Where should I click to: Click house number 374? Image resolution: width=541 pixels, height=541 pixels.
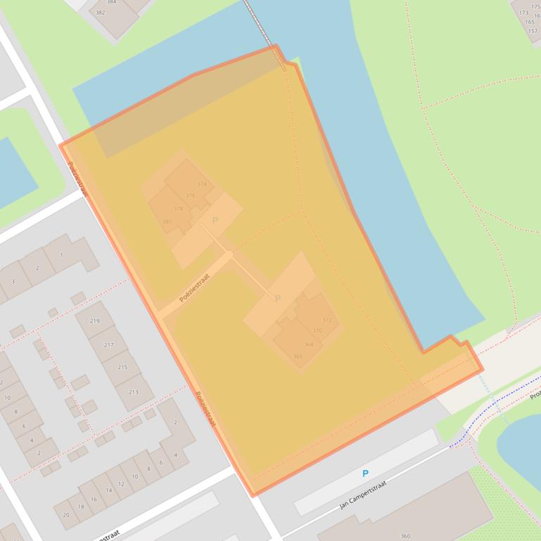pos(202,184)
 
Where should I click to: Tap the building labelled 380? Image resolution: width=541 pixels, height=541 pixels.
pos(167,221)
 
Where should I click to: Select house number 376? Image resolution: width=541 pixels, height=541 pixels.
pos(191,196)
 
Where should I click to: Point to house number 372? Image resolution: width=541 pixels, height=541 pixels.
pos(326,320)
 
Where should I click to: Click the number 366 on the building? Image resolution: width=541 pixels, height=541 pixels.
pos(298,356)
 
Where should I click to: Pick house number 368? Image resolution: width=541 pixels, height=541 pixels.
pos(308,344)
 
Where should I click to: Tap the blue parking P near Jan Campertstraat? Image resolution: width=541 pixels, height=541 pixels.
pos(365,474)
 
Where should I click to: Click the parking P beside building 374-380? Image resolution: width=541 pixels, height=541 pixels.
pos(215,221)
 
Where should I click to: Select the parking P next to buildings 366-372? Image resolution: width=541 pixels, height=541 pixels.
pos(278,299)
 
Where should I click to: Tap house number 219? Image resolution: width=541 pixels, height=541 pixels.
pos(94,321)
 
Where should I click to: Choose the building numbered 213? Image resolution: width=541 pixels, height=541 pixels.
pos(133,392)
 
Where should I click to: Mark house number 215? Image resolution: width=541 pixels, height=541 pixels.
pos(122,367)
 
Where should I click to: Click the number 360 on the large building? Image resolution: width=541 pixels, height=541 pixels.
pos(405,536)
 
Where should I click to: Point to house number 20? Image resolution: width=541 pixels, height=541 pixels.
pos(66,515)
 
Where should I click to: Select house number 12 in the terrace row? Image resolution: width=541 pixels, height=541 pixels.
pos(121,484)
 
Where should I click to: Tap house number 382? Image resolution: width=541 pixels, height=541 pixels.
pos(101,13)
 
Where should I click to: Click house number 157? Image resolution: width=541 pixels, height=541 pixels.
pos(533,31)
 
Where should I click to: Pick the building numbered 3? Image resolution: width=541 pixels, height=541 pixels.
pos(13,282)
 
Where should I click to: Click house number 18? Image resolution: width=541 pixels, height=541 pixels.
pos(81,507)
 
